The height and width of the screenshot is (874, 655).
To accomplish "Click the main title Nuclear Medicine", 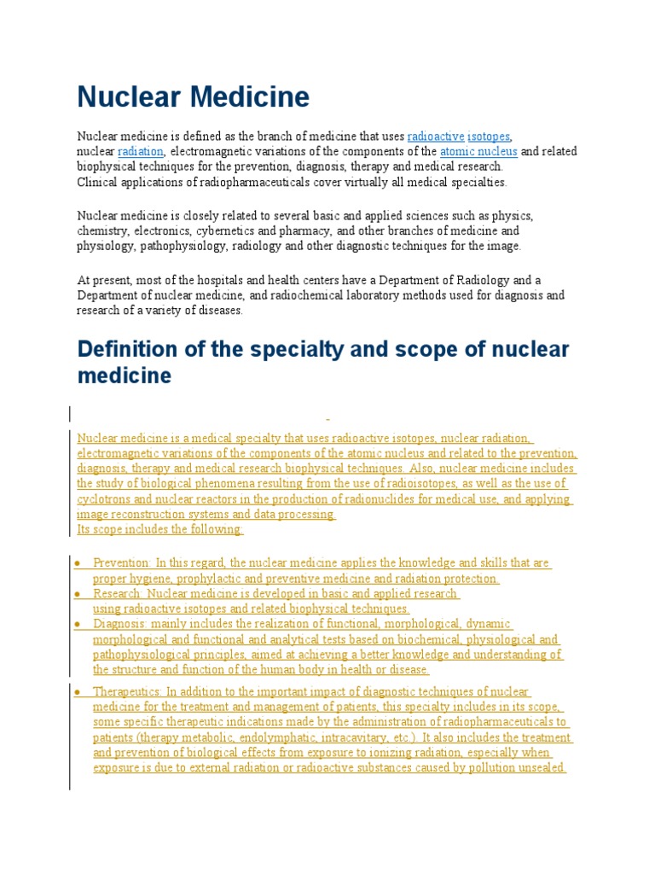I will point(193,97).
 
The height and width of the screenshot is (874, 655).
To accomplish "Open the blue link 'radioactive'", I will point(436,137).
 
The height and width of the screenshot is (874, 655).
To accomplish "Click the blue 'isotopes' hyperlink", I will point(489,137).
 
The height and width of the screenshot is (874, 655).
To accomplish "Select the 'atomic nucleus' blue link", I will point(478,152).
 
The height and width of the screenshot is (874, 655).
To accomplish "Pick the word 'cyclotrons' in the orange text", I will point(105,499).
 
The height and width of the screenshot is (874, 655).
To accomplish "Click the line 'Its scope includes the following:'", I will point(159,529).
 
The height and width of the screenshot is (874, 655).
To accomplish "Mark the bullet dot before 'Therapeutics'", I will point(77,691).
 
